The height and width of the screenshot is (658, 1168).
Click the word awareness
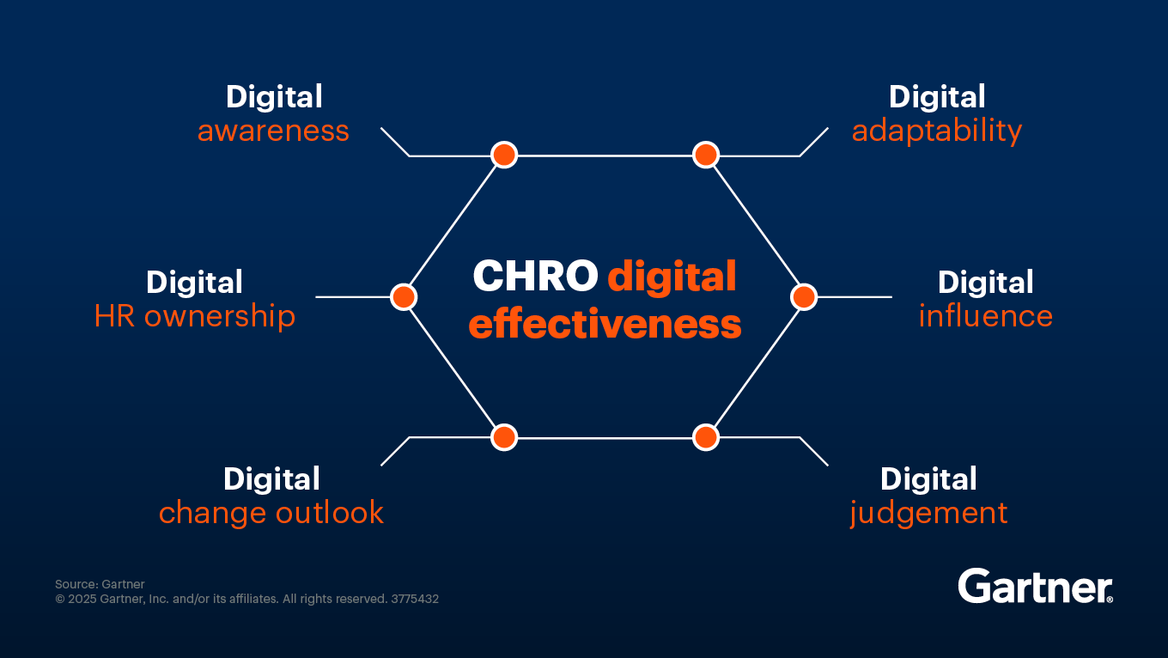[x=273, y=131]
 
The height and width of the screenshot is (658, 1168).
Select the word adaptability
[x=936, y=131]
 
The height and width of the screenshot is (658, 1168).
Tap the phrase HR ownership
[x=195, y=316]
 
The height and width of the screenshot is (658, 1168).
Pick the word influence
[x=985, y=316]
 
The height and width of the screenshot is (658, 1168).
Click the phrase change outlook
[x=271, y=513]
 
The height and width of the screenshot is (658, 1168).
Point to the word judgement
[x=928, y=513]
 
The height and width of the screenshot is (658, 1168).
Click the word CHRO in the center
[x=535, y=277]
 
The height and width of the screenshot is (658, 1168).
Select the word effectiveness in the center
[x=605, y=326]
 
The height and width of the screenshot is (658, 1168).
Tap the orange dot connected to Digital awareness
[x=504, y=155]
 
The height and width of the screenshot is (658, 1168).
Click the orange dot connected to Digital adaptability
[x=706, y=155]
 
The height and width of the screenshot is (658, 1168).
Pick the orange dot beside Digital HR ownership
[x=404, y=297]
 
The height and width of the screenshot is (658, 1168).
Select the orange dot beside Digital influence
[x=803, y=297]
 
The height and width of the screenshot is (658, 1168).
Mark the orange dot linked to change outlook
[x=504, y=437]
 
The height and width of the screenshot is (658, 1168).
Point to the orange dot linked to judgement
[x=706, y=437]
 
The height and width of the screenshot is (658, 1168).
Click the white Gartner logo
[x=1035, y=587]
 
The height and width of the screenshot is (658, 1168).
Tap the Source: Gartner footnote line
[x=100, y=585]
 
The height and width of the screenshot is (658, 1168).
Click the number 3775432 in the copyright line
[x=415, y=600]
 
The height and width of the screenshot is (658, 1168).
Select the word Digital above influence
[x=985, y=283]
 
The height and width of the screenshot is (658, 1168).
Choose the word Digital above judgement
[x=928, y=479]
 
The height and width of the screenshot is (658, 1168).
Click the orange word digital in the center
[x=672, y=277]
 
